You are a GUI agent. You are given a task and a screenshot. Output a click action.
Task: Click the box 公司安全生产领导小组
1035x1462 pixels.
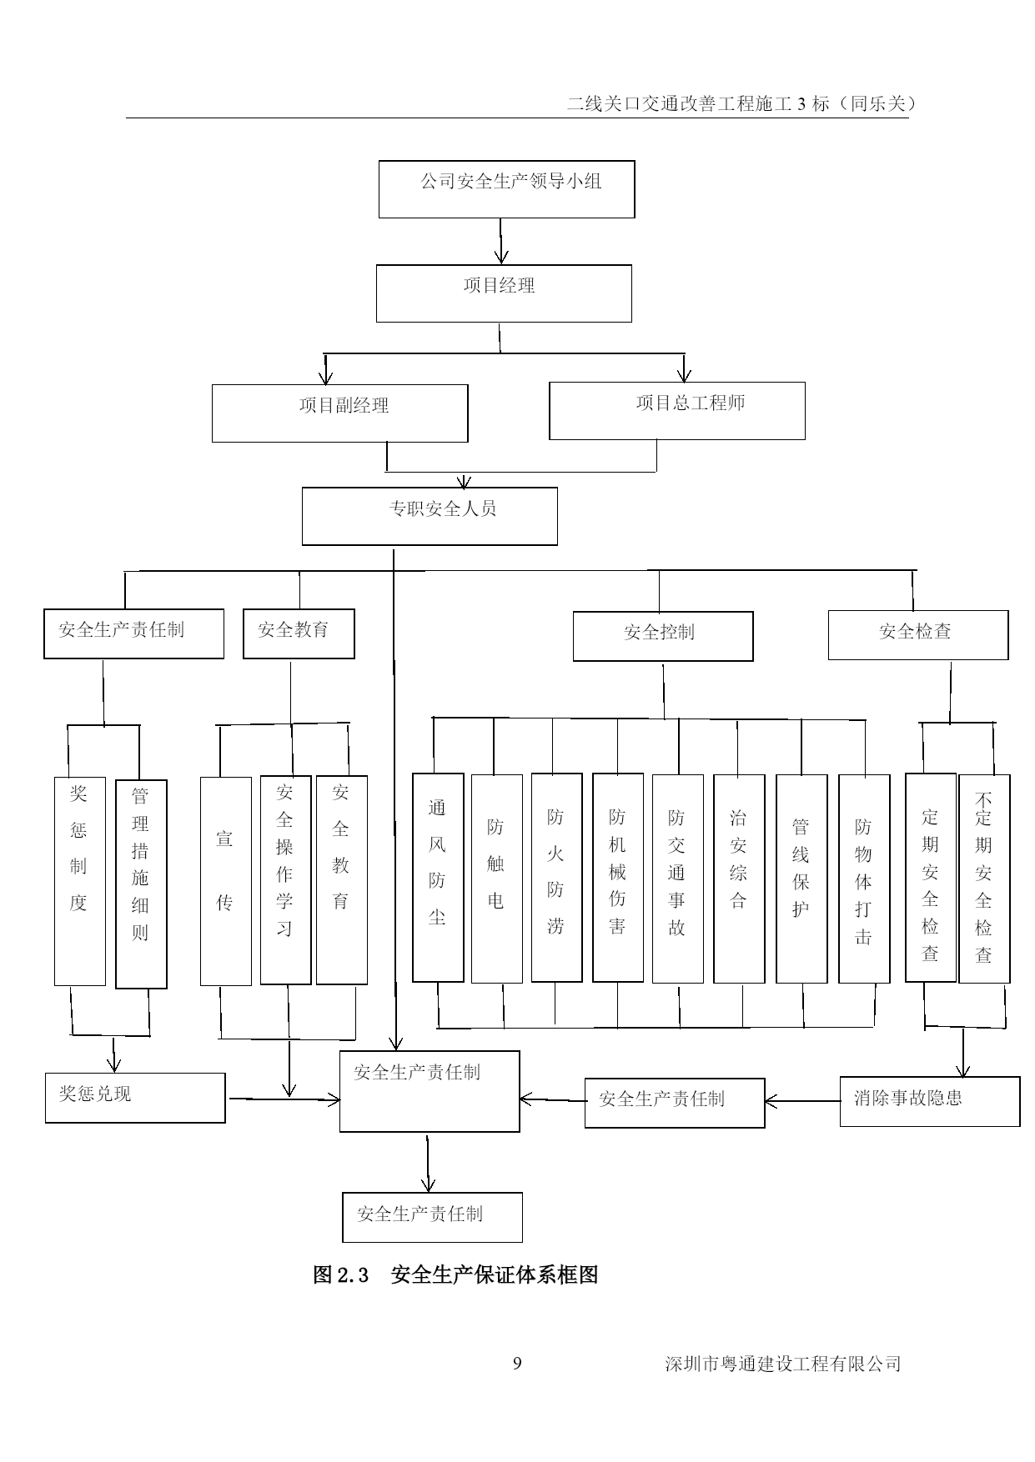click(506, 189)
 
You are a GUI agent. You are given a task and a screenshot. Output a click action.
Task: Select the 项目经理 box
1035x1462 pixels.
click(504, 293)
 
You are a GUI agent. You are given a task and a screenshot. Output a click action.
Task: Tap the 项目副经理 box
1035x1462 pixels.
click(339, 413)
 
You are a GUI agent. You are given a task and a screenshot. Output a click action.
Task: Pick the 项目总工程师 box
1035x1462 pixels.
click(676, 411)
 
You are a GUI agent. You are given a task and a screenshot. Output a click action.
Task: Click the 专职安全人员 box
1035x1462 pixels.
click(430, 516)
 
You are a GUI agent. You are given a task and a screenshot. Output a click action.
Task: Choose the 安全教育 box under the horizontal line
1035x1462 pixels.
click(299, 633)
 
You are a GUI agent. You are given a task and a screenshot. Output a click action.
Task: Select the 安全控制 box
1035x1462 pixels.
click(662, 636)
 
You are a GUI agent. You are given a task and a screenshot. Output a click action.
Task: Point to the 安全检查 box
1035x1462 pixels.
click(917, 634)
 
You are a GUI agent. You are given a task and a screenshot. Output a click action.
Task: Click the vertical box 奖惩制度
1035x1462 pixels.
click(80, 881)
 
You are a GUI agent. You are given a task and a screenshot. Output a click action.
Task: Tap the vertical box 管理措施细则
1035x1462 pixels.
click(141, 884)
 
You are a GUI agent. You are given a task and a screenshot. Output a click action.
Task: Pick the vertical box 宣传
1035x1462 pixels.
click(225, 881)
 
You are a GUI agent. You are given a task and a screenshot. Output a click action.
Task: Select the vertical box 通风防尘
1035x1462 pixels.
click(438, 877)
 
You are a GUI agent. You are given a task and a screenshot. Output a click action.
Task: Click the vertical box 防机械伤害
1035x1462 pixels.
click(617, 877)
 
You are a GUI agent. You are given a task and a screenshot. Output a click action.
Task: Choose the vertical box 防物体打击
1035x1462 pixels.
click(863, 879)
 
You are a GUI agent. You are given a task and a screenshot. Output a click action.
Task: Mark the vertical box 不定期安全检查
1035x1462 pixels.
click(984, 879)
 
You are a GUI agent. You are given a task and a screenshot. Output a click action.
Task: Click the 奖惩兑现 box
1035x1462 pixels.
click(135, 1097)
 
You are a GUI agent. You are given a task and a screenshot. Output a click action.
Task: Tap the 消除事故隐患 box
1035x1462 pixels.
click(929, 1101)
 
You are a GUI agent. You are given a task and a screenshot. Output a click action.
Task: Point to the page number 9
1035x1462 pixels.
click(517, 1364)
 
